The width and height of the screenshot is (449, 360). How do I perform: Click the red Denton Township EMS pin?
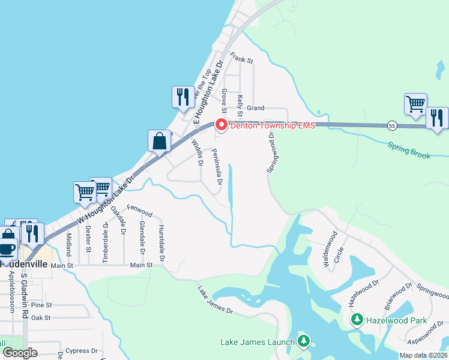[x=221, y=125]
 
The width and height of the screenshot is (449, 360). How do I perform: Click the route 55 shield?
[x=392, y=125]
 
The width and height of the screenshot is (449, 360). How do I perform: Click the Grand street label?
[x=255, y=108]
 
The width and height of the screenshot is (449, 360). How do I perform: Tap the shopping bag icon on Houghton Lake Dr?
[x=160, y=142]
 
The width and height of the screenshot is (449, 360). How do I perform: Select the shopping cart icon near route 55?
[x=415, y=104]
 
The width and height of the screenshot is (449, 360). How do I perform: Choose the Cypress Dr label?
[x=82, y=350]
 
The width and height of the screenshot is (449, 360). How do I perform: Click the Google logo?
[x=19, y=353]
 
